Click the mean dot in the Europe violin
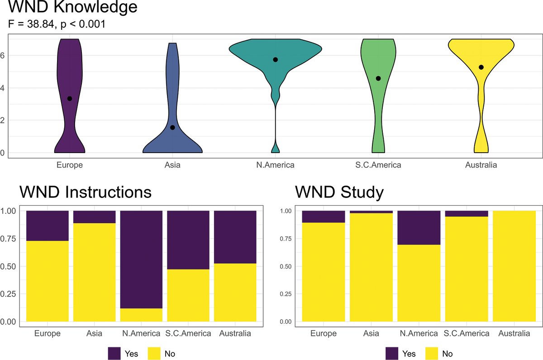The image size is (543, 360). [70, 99]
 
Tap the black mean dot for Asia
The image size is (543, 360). [172, 128]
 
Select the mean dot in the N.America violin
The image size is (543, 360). [275, 60]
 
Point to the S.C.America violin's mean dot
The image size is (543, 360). [378, 78]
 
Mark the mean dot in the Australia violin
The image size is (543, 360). [481, 67]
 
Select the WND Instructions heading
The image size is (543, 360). [85, 192]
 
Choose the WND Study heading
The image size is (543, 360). [339, 192]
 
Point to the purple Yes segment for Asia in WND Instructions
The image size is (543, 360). [94, 217]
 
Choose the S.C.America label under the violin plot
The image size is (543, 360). [378, 165]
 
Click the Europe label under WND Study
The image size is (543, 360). [323, 334]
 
